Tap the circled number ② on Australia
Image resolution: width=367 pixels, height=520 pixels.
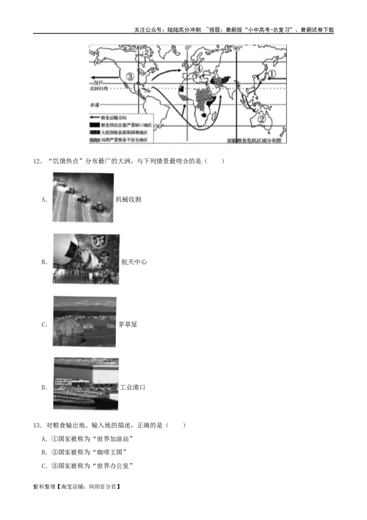[262, 118]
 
